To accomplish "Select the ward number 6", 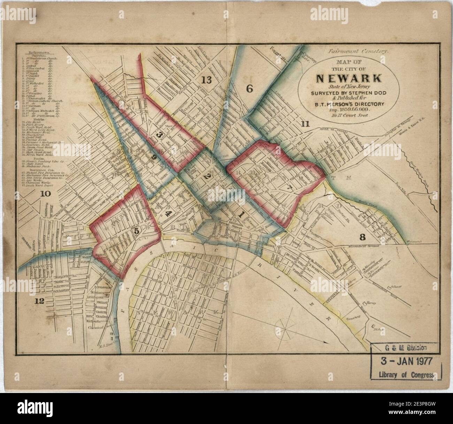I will click(249, 89).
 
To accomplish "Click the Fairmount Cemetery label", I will click(358, 51).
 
